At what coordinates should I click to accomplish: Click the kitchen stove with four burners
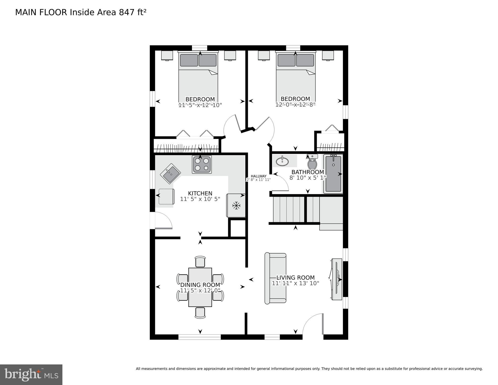tap(202, 164)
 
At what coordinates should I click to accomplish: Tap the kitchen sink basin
tap(170, 173)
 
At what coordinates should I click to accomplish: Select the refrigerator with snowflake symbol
tap(236, 205)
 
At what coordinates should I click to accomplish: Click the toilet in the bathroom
tap(312, 163)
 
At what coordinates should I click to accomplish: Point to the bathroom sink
tap(282, 161)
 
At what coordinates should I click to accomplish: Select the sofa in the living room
tap(275, 278)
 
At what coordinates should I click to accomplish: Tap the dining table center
tap(200, 287)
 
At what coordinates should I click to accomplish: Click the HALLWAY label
tap(258, 176)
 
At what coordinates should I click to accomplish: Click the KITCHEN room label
tap(200, 193)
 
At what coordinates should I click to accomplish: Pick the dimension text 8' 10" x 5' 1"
tap(308, 178)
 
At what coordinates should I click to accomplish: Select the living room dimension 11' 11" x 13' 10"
tap(295, 283)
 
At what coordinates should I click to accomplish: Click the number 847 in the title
tap(127, 12)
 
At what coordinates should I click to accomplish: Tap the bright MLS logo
tap(31, 374)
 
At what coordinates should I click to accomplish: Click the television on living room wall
tap(336, 279)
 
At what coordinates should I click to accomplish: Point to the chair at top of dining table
tap(200, 262)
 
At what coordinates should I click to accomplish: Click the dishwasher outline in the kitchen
tap(166, 197)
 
